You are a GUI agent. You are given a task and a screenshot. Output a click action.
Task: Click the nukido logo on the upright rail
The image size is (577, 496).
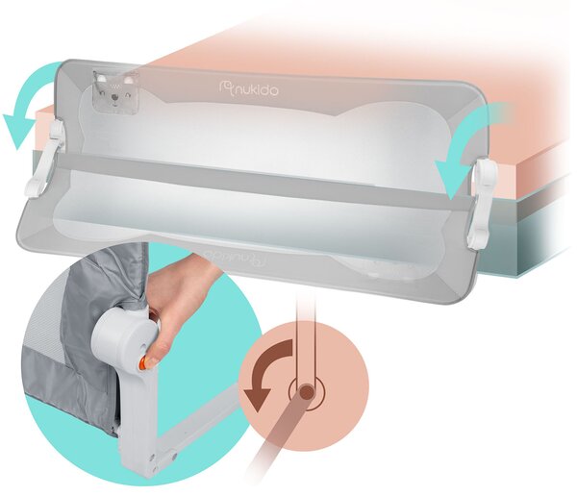point(248,88)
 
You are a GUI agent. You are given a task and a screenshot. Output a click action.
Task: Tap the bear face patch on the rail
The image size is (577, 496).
point(116,91)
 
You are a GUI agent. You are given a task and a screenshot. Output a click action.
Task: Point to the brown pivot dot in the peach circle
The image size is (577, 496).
point(306,392)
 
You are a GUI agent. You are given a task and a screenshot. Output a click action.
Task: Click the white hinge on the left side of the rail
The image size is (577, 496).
point(47,159)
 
